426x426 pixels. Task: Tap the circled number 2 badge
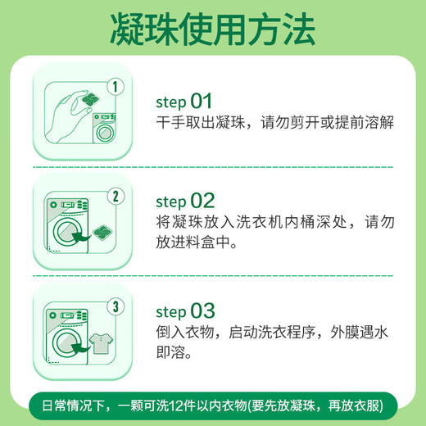(116, 197)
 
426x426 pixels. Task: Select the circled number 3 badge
(116, 309)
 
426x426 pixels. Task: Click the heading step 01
(184, 102)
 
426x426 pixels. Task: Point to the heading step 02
(184, 201)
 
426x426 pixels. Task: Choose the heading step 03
(184, 312)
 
